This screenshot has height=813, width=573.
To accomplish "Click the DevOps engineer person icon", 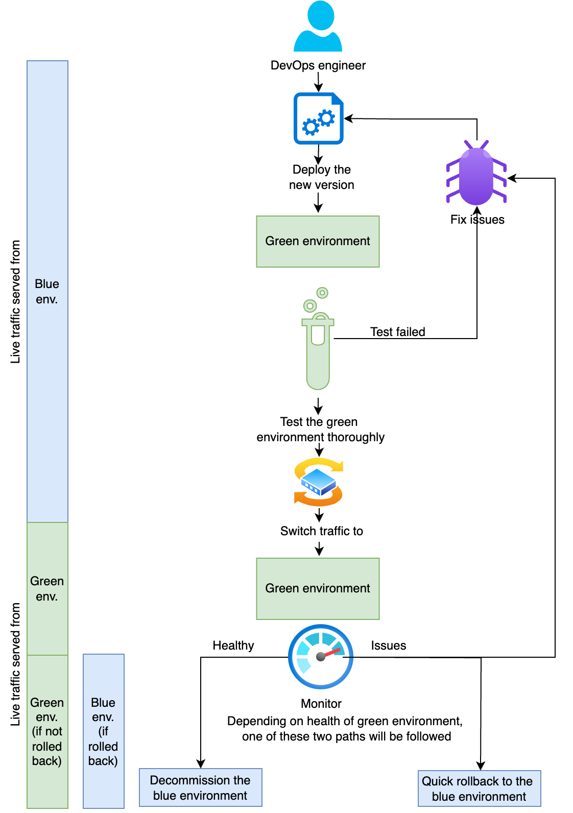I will [318, 27].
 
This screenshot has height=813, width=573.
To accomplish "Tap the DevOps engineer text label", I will [318, 65].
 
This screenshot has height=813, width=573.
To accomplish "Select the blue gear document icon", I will [318, 118].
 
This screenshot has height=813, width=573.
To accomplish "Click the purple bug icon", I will [476, 174].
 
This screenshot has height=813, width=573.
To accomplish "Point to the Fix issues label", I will [477, 220].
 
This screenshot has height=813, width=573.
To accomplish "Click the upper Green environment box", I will [318, 241].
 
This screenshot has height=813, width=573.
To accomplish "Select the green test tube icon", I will [318, 342].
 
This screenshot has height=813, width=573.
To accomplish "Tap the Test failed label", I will [397, 332].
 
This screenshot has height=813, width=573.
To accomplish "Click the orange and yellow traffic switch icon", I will [319, 482].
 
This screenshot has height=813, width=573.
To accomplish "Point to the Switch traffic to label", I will [321, 531].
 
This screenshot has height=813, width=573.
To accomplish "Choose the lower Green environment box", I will [318, 588].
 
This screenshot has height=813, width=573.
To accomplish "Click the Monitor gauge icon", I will [321, 657].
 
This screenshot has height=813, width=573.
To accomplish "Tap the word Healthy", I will [233, 645].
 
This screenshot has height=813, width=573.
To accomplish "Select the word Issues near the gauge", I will [388, 645].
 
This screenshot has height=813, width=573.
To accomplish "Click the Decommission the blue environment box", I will [200, 787].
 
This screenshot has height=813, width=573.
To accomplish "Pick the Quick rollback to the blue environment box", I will [479, 788].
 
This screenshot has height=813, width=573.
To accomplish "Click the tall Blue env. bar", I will [47, 291].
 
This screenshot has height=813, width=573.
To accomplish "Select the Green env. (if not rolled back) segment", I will [47, 731].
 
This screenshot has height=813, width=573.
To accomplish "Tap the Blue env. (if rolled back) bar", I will [103, 731].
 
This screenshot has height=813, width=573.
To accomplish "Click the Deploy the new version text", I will [321, 177].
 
